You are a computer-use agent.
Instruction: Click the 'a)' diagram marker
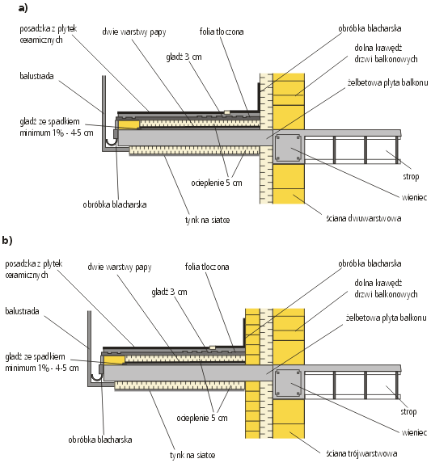pos(23,8)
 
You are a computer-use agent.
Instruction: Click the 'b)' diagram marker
pos(7,240)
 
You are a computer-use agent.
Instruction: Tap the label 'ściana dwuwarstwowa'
pos(364,218)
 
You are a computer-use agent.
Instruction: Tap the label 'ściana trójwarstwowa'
pos(361,453)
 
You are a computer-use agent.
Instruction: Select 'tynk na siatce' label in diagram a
pos(207,220)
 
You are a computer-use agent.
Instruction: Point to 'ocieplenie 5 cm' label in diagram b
pos(202,418)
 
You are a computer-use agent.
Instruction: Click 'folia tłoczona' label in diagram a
pos(222,32)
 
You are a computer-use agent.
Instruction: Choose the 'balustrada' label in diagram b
pos(22,311)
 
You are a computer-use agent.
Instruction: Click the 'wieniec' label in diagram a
pos(414,197)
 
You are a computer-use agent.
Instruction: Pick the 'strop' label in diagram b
pos(408,411)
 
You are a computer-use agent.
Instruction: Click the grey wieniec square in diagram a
pos(288,148)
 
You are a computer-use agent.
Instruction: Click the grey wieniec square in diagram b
pos(288,383)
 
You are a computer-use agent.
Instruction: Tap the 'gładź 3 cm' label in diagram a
pos(184,57)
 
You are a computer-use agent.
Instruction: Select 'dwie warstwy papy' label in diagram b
pos(120,267)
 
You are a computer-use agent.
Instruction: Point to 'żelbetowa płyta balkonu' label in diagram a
pos(387,82)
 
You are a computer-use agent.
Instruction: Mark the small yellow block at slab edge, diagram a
pos(129,124)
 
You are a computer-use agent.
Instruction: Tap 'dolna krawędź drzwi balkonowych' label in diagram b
pos(386,288)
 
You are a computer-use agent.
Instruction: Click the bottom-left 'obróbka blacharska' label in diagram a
pos(115,204)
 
